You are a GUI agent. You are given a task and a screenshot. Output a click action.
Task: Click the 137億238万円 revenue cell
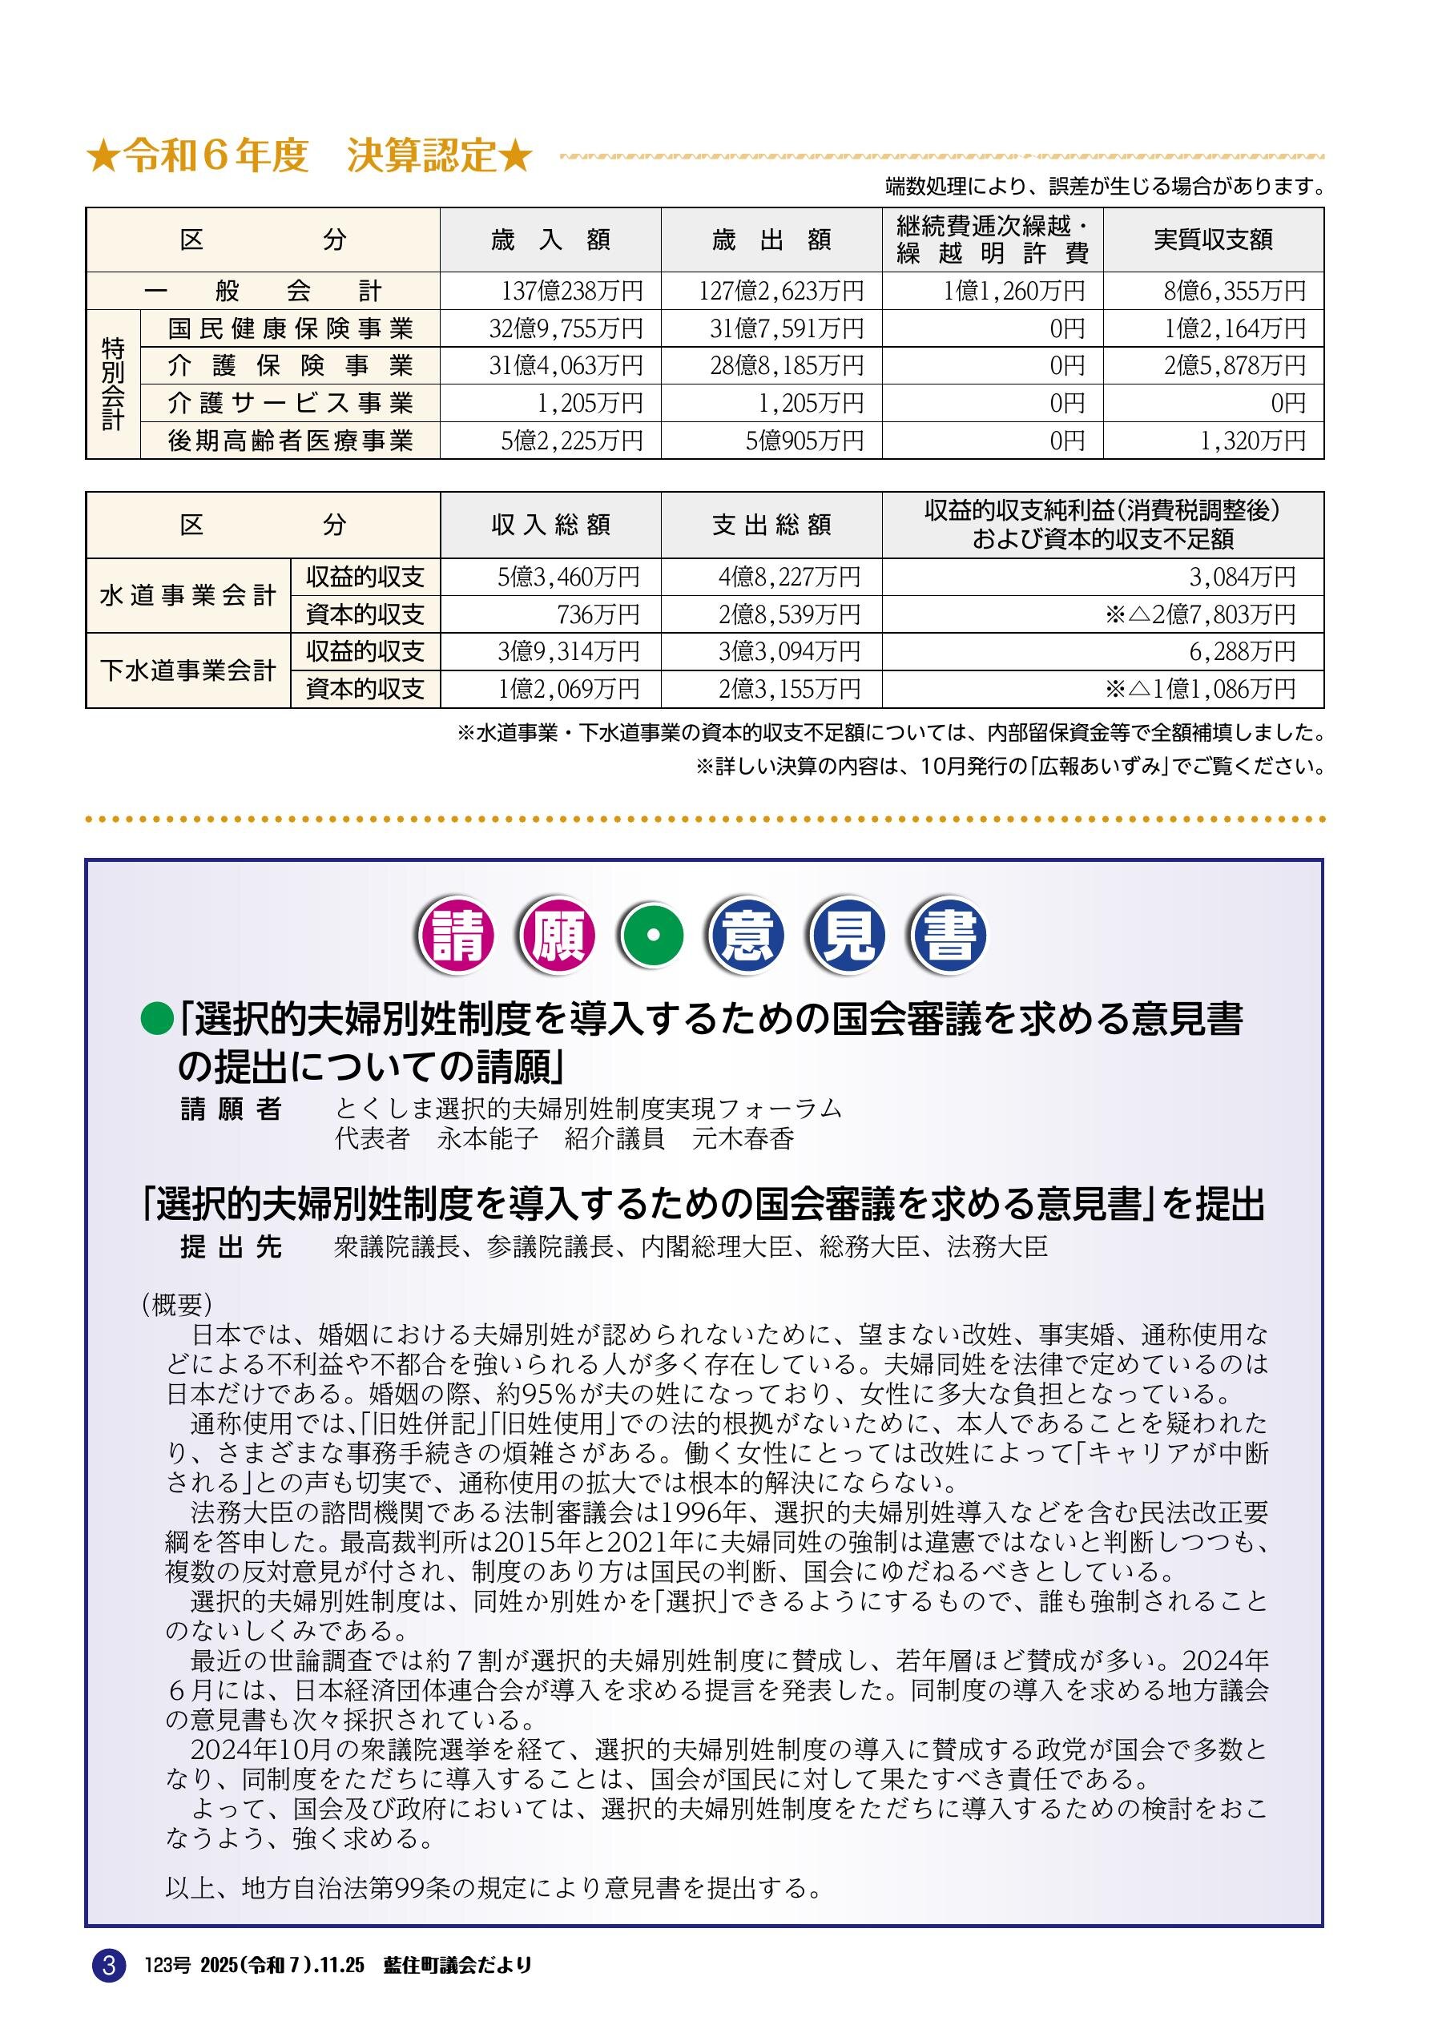(571, 291)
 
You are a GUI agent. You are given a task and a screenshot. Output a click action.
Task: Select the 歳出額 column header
(771, 240)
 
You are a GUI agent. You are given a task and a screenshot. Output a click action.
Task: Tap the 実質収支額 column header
(1214, 240)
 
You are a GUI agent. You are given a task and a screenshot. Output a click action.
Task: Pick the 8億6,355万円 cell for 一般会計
(1234, 291)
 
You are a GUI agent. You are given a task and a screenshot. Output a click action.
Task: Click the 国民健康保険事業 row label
(291, 328)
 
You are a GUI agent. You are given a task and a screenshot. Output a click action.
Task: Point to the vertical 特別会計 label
(113, 384)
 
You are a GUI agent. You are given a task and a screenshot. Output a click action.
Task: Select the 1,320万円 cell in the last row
(1252, 440)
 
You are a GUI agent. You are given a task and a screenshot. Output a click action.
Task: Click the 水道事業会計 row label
(187, 596)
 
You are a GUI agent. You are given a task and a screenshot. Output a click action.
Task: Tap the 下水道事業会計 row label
(187, 670)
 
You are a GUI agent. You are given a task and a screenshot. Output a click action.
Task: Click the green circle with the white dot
(651, 935)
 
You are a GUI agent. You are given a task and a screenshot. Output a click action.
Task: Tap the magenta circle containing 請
(457, 935)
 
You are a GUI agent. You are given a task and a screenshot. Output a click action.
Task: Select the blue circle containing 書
(949, 935)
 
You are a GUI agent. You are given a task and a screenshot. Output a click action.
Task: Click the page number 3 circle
(109, 1965)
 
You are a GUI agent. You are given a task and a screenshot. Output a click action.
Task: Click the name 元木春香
(743, 1139)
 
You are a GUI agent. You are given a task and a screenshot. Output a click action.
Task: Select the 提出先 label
(231, 1247)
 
